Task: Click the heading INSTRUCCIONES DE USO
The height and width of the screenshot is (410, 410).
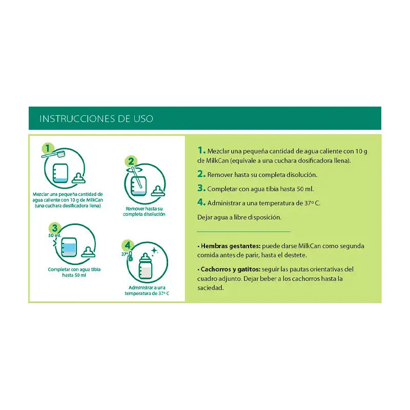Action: pyautogui.click(x=96, y=119)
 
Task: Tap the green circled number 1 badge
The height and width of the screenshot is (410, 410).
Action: pyautogui.click(x=48, y=149)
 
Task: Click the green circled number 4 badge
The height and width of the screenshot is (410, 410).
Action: pyautogui.click(x=128, y=245)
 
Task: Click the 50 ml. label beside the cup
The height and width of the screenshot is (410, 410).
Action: pyautogui.click(x=55, y=236)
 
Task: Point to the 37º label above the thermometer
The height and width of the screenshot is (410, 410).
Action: pyautogui.click(x=125, y=254)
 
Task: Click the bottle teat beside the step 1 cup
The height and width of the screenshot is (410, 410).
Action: pyautogui.click(x=78, y=178)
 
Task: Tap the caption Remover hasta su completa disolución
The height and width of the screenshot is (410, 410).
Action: pyautogui.click(x=144, y=212)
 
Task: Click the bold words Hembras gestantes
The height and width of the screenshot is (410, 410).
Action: pyautogui.click(x=225, y=246)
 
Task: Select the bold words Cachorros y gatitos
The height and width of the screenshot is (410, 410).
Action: pyautogui.click(x=228, y=269)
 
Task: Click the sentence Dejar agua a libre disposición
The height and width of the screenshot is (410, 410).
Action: pyautogui.click(x=239, y=217)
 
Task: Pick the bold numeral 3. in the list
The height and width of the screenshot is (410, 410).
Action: pyautogui.click(x=201, y=188)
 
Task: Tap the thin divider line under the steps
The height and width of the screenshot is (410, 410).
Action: pyautogui.click(x=243, y=232)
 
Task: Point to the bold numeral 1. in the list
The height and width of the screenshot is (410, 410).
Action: pyautogui.click(x=201, y=151)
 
